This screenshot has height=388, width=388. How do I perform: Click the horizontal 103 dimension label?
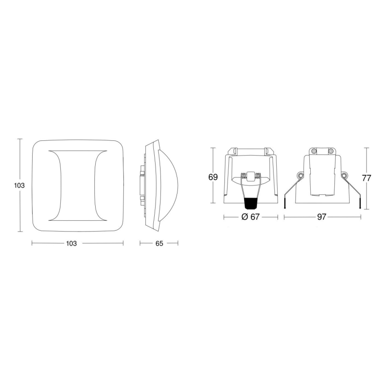pyautogui.click(x=71, y=244)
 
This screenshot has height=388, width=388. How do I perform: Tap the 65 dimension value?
pyautogui.click(x=159, y=244)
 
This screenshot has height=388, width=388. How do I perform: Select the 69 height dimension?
pyautogui.click(x=213, y=177)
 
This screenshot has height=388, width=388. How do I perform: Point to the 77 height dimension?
pyautogui.click(x=367, y=177)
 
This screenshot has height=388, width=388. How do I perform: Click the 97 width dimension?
pyautogui.click(x=322, y=217)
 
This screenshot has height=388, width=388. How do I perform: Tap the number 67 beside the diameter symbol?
pyautogui.click(x=255, y=217)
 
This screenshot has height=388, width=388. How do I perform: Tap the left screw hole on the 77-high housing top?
pyautogui.click(x=314, y=151)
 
